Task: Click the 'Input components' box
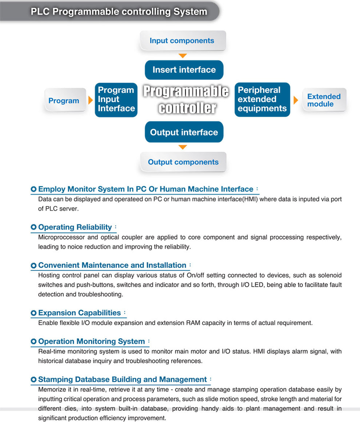[182, 41]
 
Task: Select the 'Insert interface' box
[184, 69]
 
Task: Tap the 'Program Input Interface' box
[116, 99]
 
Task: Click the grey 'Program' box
[64, 101]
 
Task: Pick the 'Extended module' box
[324, 100]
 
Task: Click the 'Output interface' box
[184, 132]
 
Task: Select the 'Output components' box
[183, 162]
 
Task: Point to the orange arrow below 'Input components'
[183, 56]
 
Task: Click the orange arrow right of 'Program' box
[91, 100]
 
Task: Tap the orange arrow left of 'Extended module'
[296, 100]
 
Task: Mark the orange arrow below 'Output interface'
[183, 147]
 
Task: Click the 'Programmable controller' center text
[185, 99]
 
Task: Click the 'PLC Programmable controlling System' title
[119, 11]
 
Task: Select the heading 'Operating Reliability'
[75, 227]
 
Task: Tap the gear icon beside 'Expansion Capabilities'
[33, 313]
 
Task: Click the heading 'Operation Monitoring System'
[92, 341]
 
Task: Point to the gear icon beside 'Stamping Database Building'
[33, 380]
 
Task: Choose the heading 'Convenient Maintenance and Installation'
[112, 265]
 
